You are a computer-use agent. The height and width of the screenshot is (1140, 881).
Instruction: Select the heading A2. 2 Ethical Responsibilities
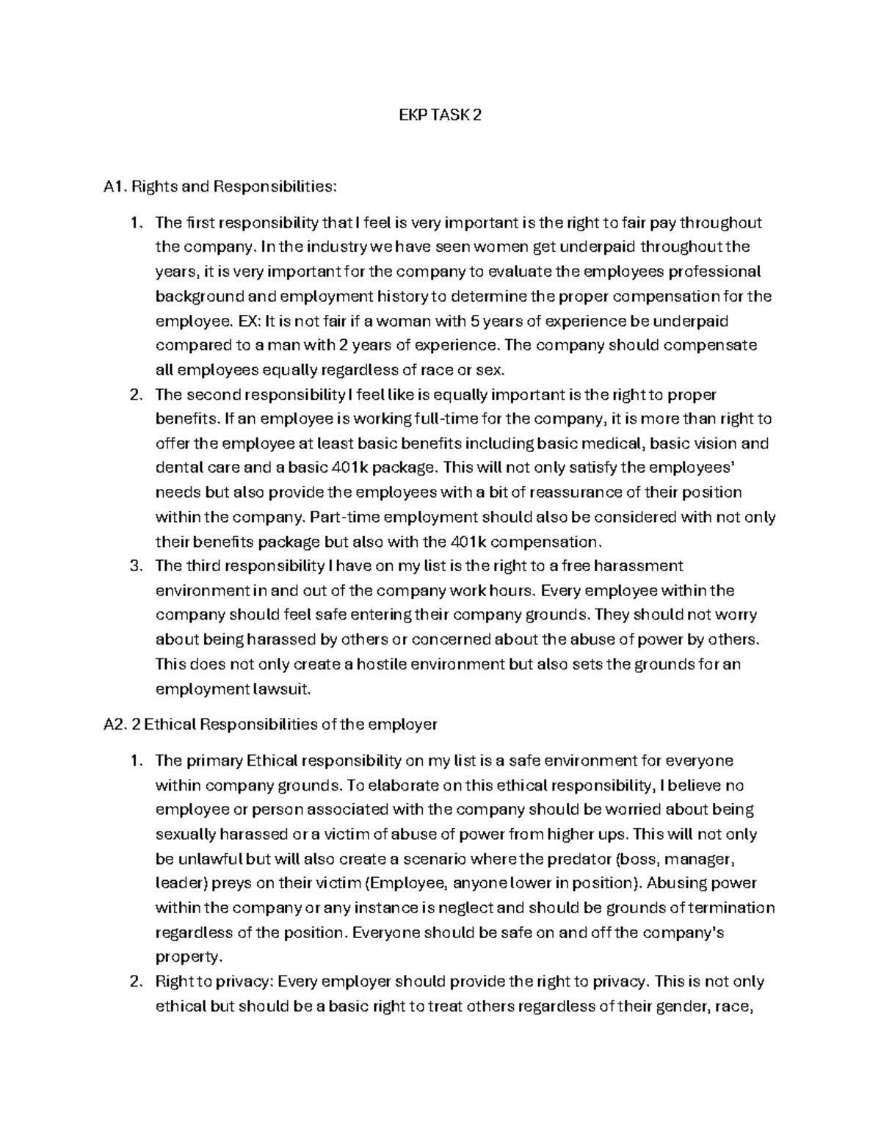pyautogui.click(x=271, y=725)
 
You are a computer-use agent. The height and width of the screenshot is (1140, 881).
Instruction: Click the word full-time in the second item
pyautogui.click(x=437, y=419)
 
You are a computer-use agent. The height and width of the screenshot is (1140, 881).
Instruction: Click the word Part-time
pyautogui.click(x=343, y=517)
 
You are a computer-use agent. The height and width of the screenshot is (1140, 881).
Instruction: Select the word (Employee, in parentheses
pyautogui.click(x=406, y=883)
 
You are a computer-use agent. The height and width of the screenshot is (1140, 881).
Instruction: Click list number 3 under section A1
pyautogui.click(x=134, y=566)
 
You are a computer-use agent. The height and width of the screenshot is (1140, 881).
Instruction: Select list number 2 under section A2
pyautogui.click(x=134, y=981)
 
